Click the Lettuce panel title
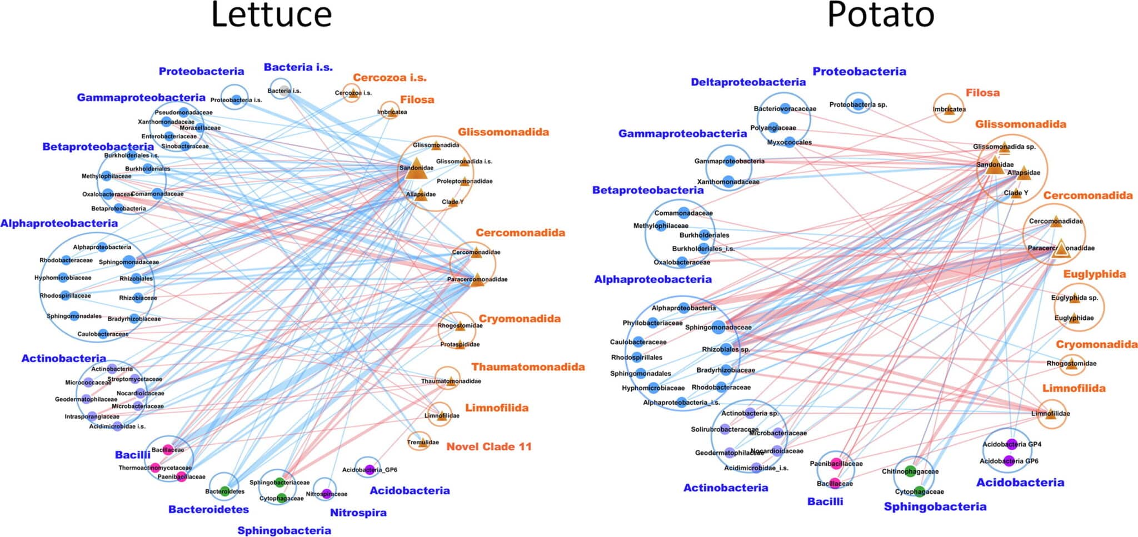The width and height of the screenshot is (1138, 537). (x=271, y=16)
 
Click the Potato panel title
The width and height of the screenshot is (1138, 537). (x=880, y=16)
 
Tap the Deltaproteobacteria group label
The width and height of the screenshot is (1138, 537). (x=748, y=82)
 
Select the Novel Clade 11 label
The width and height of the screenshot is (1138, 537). (x=489, y=446)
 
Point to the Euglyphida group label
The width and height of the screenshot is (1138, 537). (x=1094, y=274)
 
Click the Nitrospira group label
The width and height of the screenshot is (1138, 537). (x=358, y=513)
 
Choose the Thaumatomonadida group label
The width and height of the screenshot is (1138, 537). (x=528, y=367)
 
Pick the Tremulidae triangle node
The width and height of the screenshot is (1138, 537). (x=422, y=443)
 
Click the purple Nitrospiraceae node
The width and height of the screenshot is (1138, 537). (x=327, y=493)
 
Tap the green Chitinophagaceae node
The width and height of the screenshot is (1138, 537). (x=910, y=471)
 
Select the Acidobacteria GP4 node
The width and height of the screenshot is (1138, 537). (x=1011, y=444)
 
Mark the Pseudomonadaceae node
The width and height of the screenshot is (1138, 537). (x=183, y=112)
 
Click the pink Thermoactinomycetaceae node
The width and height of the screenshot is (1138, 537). (x=155, y=468)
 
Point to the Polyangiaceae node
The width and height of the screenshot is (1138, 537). (x=773, y=128)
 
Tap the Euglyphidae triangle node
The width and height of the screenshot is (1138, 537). (x=1074, y=318)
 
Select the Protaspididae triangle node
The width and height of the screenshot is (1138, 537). (x=460, y=344)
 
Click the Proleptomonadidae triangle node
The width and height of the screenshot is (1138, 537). (x=465, y=181)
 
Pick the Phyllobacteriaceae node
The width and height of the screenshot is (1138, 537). (x=652, y=323)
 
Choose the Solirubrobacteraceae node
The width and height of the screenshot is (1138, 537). (x=725, y=429)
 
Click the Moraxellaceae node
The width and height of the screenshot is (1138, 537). (x=200, y=128)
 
